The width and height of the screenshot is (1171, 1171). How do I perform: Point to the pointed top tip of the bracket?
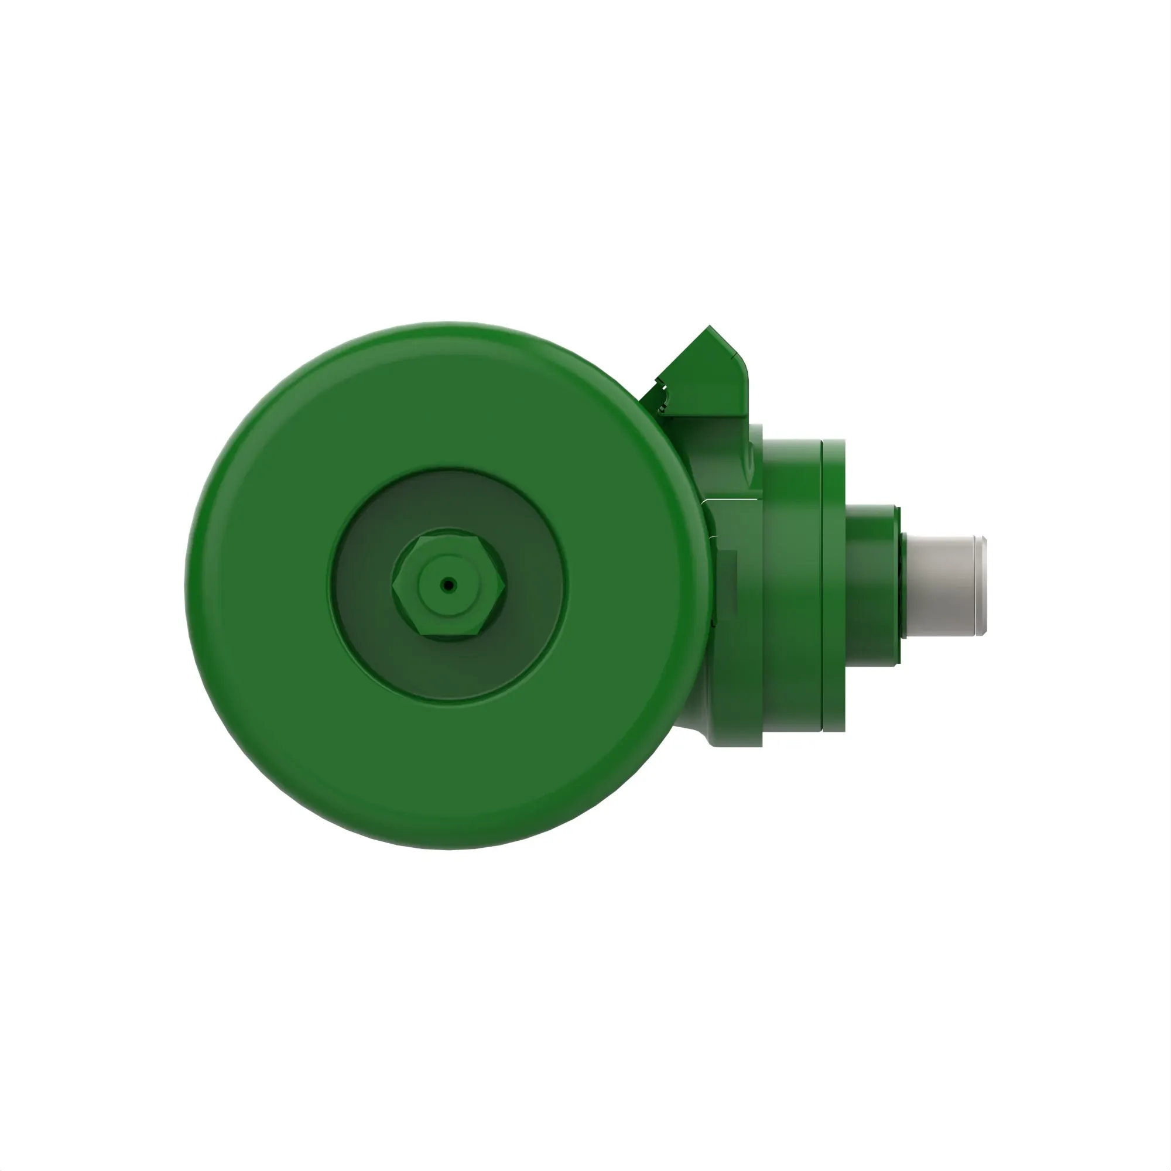point(710,327)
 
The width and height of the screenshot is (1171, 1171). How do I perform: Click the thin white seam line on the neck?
point(730,499)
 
